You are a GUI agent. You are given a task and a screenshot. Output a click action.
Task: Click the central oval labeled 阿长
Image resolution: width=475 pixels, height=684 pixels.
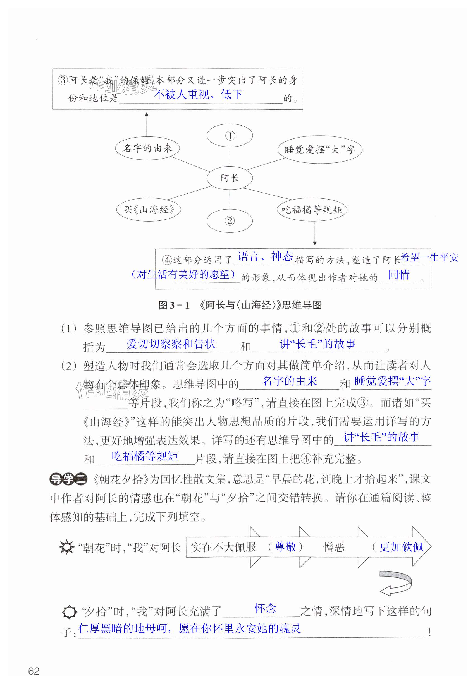tap(230, 178)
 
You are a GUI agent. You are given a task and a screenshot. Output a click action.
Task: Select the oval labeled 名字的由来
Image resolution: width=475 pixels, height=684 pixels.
tap(147, 148)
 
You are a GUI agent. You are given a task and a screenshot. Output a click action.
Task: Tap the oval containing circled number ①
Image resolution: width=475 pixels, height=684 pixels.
tap(230, 136)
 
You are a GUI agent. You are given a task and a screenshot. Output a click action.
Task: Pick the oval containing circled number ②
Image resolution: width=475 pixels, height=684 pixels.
tap(230, 221)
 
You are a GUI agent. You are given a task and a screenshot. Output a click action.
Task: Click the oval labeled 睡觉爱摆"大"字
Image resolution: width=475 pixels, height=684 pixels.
tap(320, 149)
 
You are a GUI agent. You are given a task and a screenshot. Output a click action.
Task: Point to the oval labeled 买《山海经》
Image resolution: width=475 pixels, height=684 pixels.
tap(149, 209)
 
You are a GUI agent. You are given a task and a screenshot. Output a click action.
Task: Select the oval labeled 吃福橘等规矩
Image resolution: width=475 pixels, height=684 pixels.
tap(312, 210)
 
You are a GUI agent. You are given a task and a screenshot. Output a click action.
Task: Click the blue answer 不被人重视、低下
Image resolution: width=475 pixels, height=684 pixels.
tap(198, 94)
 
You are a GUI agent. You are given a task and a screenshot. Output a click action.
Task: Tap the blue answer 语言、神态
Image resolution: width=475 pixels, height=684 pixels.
tap(265, 256)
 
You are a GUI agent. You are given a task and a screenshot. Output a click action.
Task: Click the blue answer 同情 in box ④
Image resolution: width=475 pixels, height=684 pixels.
tap(399, 275)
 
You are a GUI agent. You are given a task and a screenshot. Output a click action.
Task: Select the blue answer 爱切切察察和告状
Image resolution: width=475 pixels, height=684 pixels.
tap(171, 344)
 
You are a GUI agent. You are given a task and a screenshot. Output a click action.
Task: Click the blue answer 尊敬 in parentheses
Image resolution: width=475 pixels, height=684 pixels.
tap(285, 546)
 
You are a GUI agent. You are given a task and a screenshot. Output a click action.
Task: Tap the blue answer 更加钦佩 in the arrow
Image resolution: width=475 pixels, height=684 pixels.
tap(401, 547)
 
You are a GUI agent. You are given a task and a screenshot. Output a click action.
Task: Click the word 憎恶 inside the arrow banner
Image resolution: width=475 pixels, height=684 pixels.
tap(334, 547)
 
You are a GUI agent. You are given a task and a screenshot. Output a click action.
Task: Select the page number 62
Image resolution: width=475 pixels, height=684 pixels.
tap(34, 671)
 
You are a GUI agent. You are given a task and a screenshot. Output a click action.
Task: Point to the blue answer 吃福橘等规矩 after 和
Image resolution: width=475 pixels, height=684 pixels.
tap(145, 456)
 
